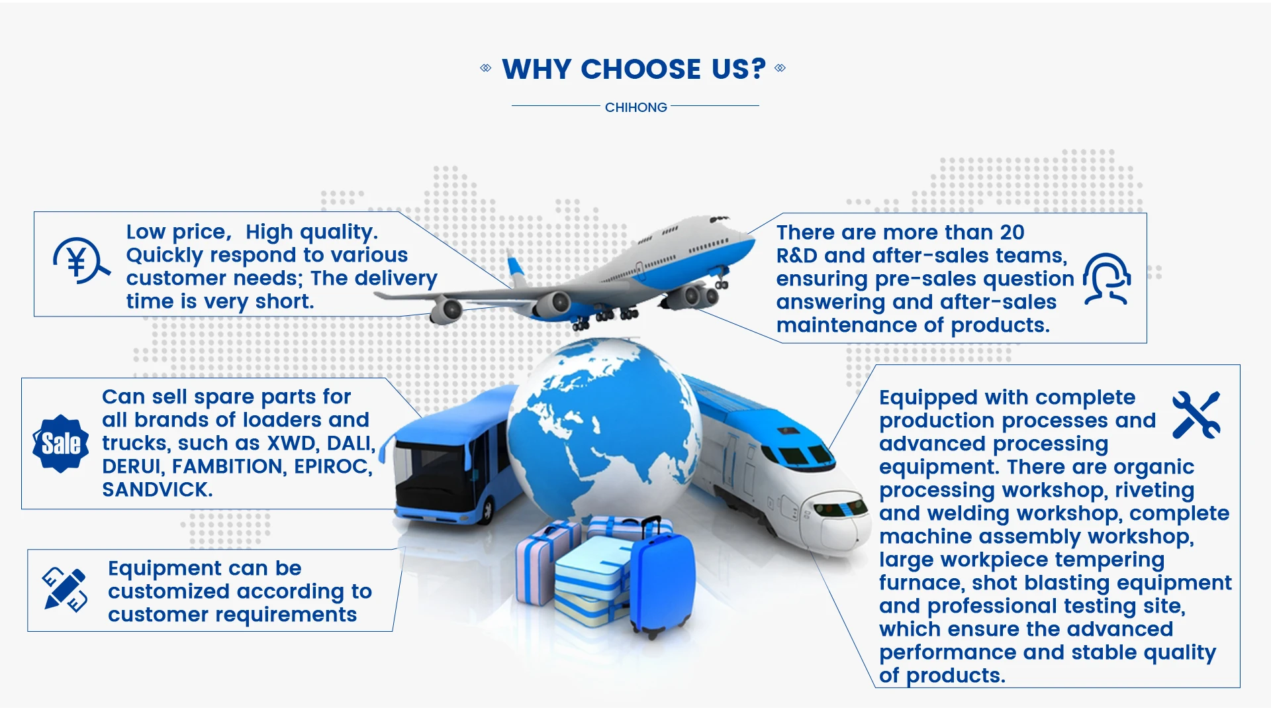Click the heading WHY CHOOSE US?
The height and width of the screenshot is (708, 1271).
(634, 69)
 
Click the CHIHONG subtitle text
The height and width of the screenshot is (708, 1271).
(635, 107)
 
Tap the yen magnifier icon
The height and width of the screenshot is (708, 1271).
(81, 261)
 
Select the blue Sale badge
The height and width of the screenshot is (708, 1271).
(61, 444)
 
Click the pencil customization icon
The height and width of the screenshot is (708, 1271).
(64, 589)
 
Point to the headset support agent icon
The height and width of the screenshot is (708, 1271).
(1107, 279)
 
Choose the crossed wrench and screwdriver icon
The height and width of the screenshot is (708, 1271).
(1196, 415)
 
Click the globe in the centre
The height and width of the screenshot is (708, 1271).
(602, 430)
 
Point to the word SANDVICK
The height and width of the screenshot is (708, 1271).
(157, 489)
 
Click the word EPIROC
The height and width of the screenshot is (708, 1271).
(333, 466)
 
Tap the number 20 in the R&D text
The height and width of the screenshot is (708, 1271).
(1012, 232)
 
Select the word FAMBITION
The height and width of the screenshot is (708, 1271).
(229, 466)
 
